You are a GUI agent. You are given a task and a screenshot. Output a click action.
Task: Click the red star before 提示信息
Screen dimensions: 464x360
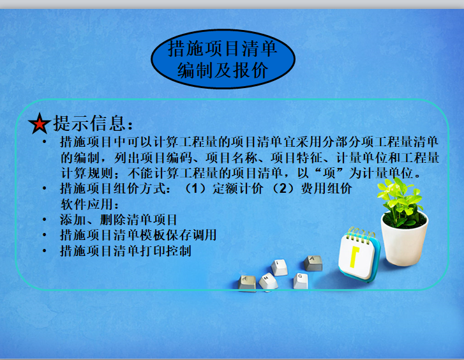(x=40, y=123)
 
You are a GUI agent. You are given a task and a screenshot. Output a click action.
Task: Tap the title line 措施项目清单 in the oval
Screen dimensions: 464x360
(x=223, y=49)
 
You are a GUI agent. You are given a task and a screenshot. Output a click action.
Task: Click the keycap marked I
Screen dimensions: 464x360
(x=279, y=267)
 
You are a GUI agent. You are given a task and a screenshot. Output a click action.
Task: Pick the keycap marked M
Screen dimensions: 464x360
(x=268, y=281)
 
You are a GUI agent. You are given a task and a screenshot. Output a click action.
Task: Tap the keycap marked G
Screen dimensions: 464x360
(x=301, y=281)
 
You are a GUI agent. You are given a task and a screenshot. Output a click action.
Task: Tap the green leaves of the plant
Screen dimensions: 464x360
(x=400, y=200)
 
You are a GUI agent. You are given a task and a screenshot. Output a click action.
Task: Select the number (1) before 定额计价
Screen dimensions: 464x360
(x=195, y=188)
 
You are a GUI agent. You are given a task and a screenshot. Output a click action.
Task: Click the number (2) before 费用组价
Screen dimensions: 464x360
(x=283, y=188)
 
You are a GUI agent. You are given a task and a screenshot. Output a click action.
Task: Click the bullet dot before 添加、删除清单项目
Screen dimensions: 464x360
(x=45, y=220)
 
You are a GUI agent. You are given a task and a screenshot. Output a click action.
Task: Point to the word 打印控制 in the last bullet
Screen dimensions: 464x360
(x=165, y=251)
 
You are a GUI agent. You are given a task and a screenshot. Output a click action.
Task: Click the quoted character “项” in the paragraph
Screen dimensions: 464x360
(x=329, y=173)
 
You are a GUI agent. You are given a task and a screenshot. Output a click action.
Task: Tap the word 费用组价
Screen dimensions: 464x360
(x=326, y=188)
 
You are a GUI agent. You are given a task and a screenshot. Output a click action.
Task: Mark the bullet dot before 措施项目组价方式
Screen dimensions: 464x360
(x=45, y=188)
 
